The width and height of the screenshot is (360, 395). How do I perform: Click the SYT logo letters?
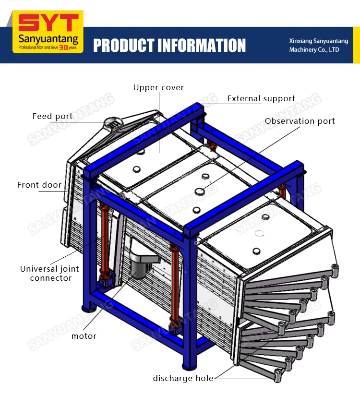click(x=48, y=23)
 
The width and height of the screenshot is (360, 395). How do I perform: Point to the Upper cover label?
click(x=158, y=87)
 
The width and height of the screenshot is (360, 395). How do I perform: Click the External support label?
click(x=261, y=99)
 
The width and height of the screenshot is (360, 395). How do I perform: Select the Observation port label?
click(x=300, y=121)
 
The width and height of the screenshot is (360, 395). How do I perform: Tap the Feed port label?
click(x=52, y=116)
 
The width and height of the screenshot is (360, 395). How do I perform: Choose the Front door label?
click(x=39, y=185)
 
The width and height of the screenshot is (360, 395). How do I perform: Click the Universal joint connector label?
click(x=49, y=274)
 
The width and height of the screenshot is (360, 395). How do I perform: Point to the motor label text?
click(x=84, y=336)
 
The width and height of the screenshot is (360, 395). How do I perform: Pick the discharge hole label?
click(x=183, y=378)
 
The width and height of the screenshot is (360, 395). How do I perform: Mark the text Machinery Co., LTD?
click(x=314, y=50)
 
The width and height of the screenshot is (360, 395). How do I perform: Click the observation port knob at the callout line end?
click(x=199, y=191)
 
